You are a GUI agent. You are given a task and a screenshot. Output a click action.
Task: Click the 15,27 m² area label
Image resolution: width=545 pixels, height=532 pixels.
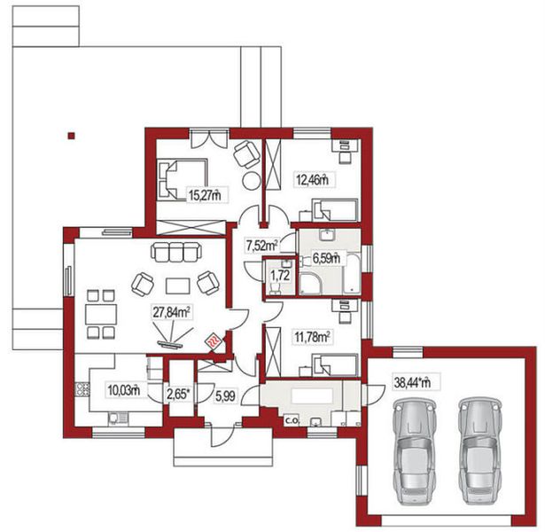(x=203, y=194)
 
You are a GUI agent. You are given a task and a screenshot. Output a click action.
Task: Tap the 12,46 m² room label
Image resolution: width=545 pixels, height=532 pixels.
(x=311, y=180)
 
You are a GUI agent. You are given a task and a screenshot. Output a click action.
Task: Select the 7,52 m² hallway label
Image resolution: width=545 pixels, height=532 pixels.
(x=262, y=245)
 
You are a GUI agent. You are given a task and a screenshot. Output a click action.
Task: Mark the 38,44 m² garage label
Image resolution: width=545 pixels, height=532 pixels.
(x=412, y=383)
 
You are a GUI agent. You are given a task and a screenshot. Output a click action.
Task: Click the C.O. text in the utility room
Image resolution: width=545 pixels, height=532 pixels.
(x=291, y=421)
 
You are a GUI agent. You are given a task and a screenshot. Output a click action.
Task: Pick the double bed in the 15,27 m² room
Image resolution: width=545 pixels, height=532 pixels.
(x=181, y=180)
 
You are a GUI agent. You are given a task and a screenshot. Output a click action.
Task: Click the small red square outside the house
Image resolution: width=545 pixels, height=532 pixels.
(x=71, y=136)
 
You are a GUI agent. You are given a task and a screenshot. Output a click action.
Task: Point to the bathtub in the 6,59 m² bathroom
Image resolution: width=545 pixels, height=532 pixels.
(x=351, y=273)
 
